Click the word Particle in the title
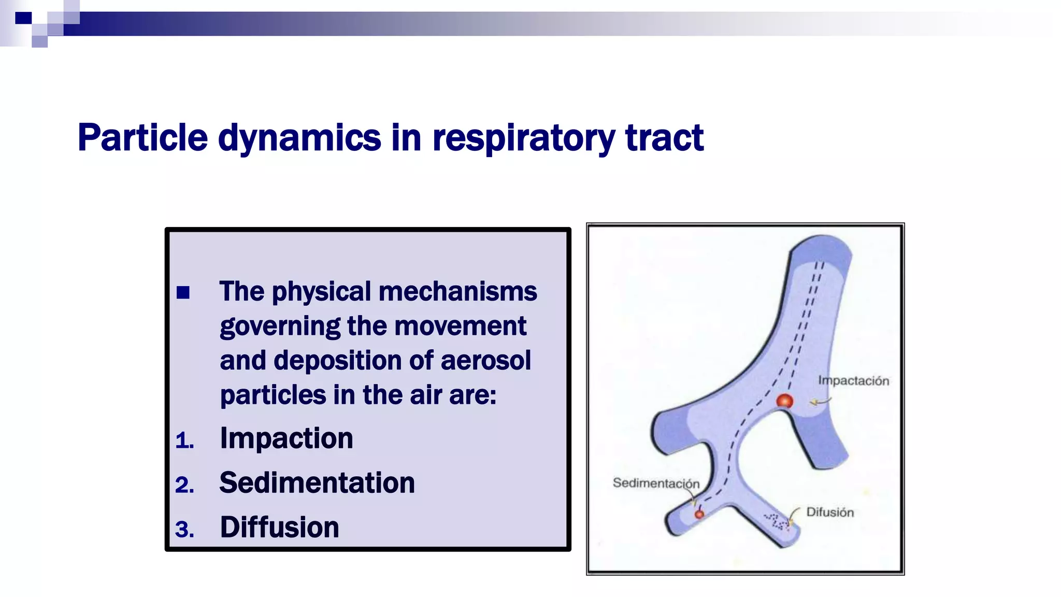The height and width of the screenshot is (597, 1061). (142, 138)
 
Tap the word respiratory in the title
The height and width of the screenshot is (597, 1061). (523, 138)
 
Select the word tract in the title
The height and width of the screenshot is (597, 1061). (664, 138)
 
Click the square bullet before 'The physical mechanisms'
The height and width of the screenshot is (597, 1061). (183, 293)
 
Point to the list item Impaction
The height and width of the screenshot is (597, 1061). (286, 438)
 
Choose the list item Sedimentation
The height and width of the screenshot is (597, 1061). (317, 483)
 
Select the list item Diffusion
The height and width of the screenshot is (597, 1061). (279, 528)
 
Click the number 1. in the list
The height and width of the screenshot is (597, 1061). (184, 441)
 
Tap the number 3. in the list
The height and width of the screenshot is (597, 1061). (184, 530)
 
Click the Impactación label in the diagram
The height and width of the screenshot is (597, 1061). (853, 381)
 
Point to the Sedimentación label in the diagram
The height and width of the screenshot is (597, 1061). (656, 483)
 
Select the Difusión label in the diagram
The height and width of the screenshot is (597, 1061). (830, 513)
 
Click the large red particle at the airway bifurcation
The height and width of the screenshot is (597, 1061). (784, 401)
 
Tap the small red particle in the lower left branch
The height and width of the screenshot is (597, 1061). (699, 514)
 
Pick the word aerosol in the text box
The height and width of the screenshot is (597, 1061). (485, 361)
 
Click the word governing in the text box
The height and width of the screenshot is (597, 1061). (280, 326)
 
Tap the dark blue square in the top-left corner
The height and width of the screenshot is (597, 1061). (23, 18)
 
